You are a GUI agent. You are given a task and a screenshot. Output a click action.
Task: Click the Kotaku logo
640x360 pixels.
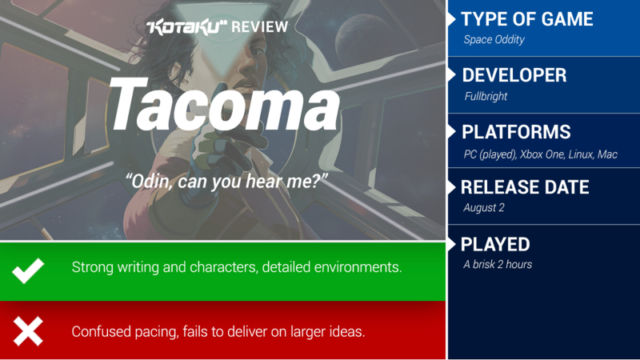pos(186,27)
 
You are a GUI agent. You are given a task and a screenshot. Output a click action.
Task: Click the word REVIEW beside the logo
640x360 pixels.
pos(259,27)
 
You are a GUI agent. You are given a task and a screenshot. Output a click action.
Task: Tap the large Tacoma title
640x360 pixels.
pos(224,106)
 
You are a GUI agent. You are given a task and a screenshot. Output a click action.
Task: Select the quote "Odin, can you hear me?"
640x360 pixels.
pos(226,182)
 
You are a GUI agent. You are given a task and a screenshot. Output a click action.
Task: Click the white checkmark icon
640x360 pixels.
pos(28,270)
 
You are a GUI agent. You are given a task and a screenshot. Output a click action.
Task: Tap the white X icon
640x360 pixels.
pos(28,331)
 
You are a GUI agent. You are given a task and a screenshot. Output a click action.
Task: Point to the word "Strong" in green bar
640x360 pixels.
pos(93,267)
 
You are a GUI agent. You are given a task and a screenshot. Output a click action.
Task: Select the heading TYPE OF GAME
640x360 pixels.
pos(527,19)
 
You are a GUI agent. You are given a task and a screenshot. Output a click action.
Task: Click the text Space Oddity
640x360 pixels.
pos(494,39)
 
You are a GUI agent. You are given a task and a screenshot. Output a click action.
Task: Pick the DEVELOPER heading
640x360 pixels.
pos(514,75)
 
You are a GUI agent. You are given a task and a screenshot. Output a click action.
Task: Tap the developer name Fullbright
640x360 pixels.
pos(486,96)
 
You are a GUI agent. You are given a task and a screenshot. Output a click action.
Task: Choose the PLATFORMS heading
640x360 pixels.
pos(516,132)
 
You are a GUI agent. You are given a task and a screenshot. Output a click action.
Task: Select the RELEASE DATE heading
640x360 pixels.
pos(525,187)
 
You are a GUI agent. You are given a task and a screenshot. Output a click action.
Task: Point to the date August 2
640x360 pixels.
pos(484,208)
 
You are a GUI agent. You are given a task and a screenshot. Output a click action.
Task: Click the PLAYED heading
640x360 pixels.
pos(495,245)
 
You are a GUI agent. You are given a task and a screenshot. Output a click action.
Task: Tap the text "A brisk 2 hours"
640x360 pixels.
pos(498,265)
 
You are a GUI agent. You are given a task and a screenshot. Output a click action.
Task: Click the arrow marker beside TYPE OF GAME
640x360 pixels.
pos(451,19)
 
